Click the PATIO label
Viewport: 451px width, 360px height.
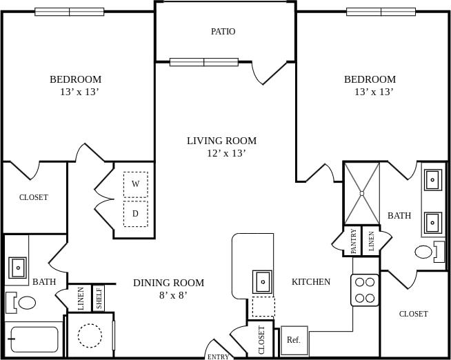[x=223, y=32]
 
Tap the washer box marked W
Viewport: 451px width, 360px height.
[x=135, y=184]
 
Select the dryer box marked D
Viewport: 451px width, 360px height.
[x=135, y=214]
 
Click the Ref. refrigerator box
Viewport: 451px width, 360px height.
[x=294, y=340]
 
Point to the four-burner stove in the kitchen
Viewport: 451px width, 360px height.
[x=365, y=290]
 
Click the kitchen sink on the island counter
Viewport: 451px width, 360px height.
[x=263, y=281]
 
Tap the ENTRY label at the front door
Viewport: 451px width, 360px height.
[x=218, y=357]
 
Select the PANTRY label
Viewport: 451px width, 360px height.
[x=353, y=241]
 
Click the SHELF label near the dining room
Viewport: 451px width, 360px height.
[x=99, y=299]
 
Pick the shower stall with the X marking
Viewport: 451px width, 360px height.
[x=361, y=194]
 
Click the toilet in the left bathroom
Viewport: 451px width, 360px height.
[x=23, y=302]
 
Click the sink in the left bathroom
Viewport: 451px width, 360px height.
[x=17, y=267]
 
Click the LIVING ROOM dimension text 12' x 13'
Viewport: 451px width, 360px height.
[x=226, y=153]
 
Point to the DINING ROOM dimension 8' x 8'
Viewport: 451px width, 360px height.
[x=168, y=295]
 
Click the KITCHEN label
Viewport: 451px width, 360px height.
[x=310, y=281]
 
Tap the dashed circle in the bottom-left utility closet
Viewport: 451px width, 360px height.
[x=90, y=336]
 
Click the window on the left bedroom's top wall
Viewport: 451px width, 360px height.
[x=69, y=12]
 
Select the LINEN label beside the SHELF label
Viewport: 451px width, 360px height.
[x=81, y=299]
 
